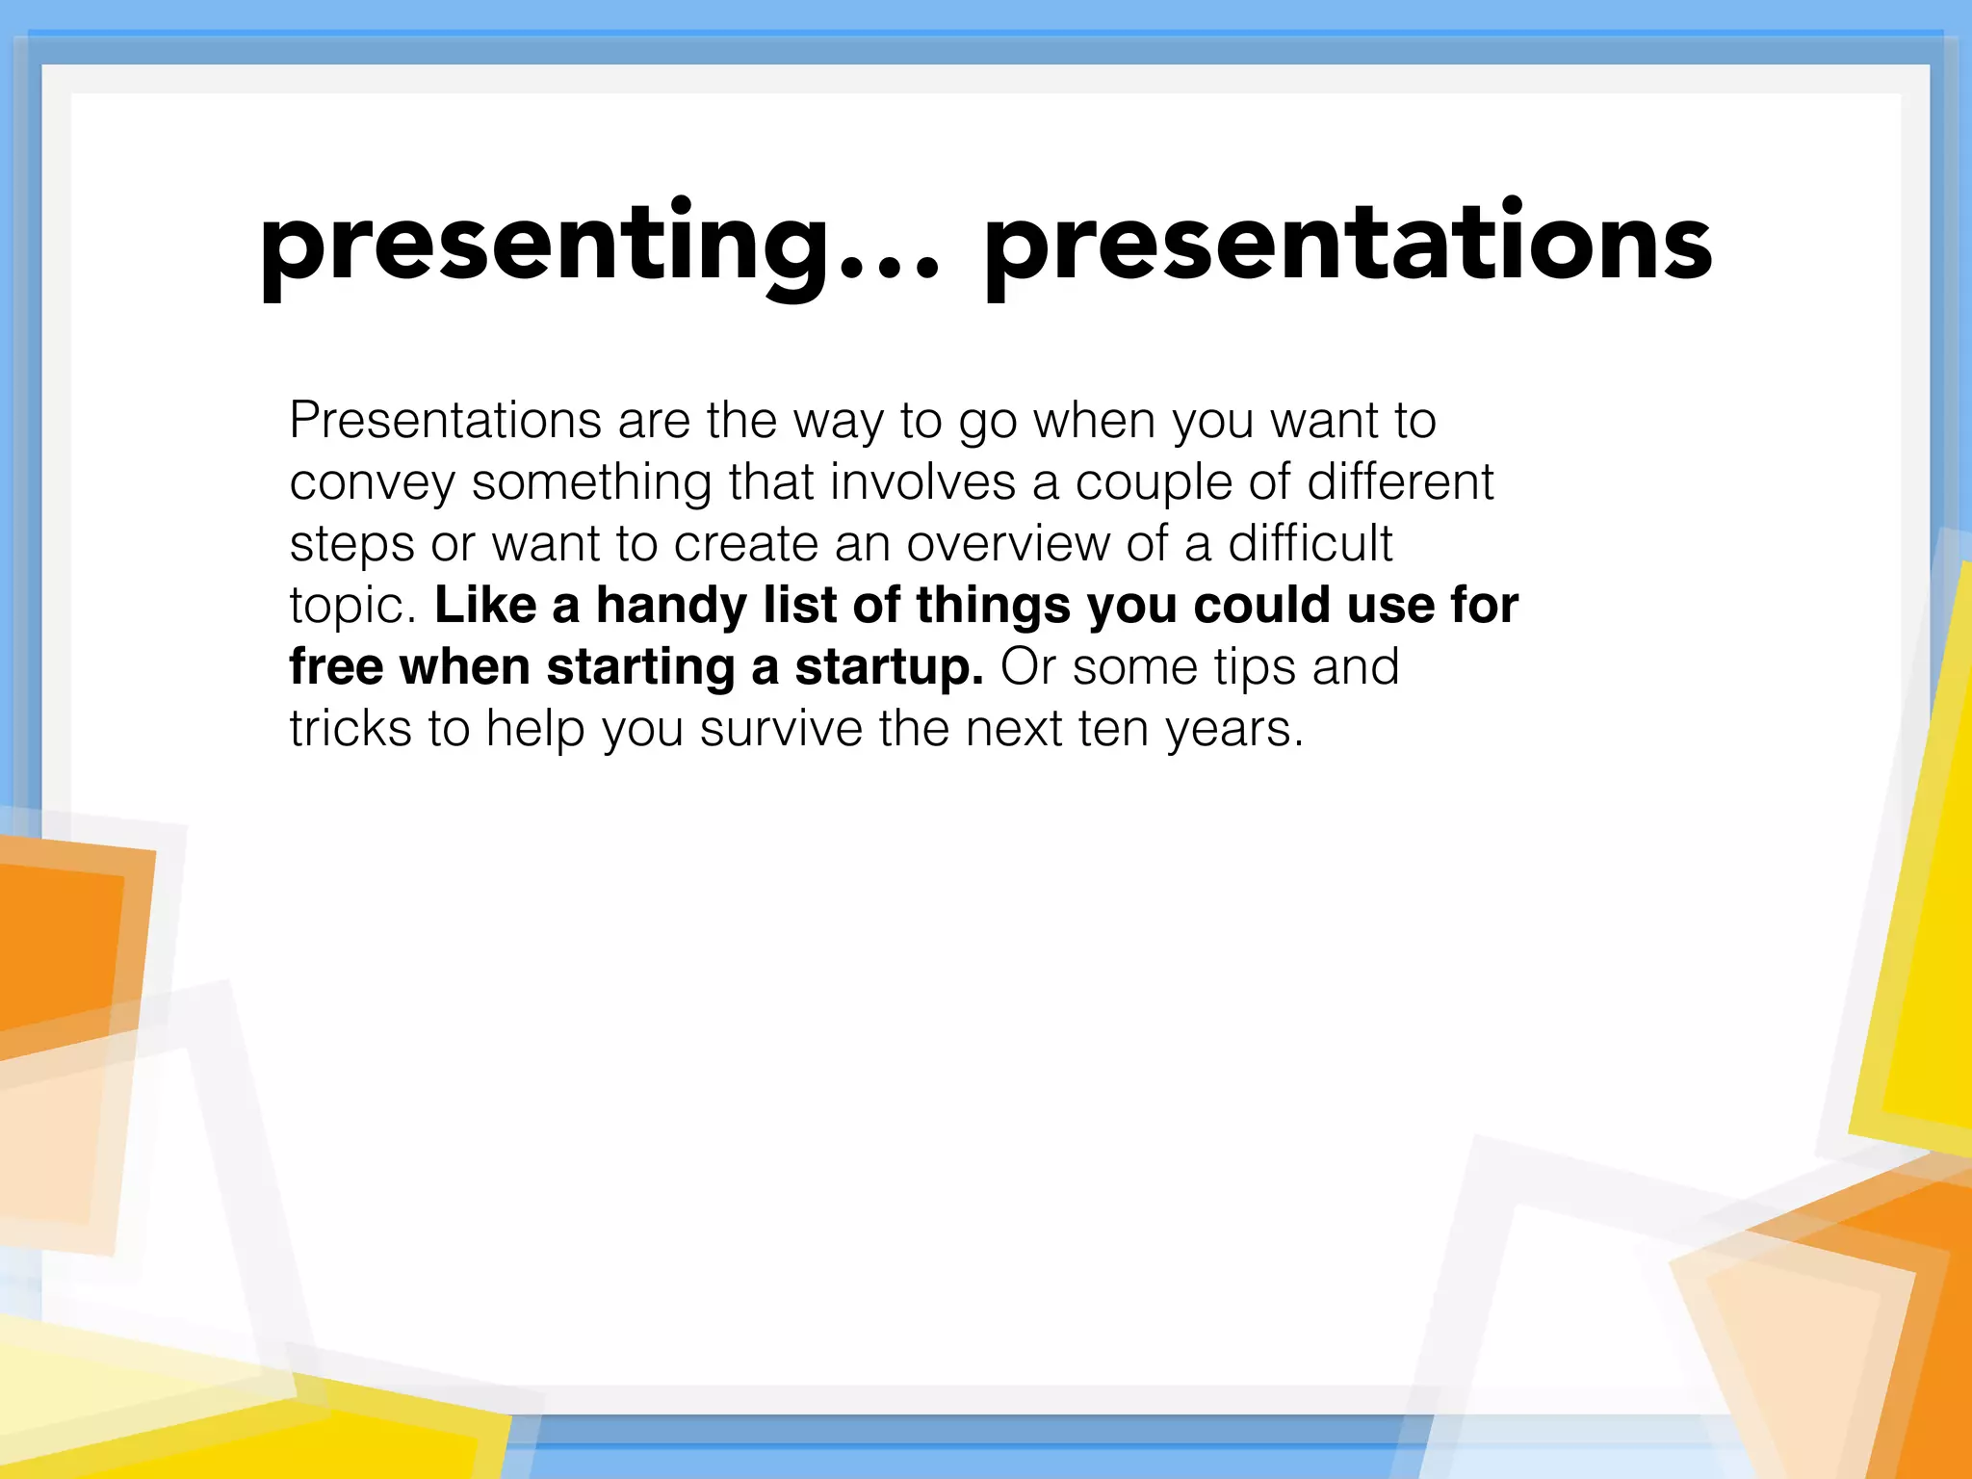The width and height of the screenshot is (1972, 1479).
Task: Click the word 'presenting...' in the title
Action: tap(597, 246)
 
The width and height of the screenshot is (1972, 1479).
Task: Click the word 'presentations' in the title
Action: tap(1348, 246)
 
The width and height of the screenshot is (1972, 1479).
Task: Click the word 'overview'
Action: tap(1007, 544)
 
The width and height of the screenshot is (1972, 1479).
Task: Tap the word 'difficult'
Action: tap(1310, 544)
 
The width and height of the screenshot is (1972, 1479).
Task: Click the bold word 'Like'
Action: tap(485, 606)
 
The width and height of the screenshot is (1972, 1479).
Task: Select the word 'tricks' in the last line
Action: tap(350, 729)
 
